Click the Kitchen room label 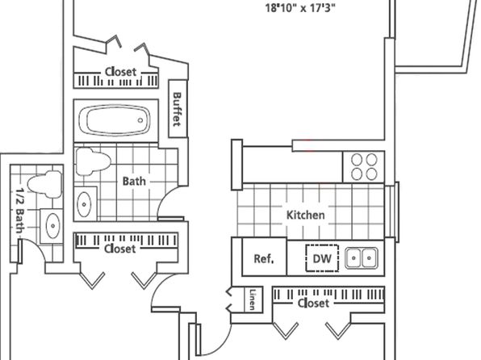point(306,215)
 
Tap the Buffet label point(178,109)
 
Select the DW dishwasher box point(322,258)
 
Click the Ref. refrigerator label point(264,259)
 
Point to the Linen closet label point(253,299)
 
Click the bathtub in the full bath point(115,120)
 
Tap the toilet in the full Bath point(93,161)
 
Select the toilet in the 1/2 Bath point(45,184)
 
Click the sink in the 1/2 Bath point(52,226)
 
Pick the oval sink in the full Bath point(84,204)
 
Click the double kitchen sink point(362,257)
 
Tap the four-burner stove point(364,167)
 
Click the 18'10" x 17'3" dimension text point(300,8)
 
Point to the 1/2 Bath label point(19,211)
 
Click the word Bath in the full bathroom point(134,181)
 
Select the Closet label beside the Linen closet point(313,303)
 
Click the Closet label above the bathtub point(120,72)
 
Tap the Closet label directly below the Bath point(119,249)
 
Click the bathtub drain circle point(140,120)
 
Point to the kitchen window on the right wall point(391,211)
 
